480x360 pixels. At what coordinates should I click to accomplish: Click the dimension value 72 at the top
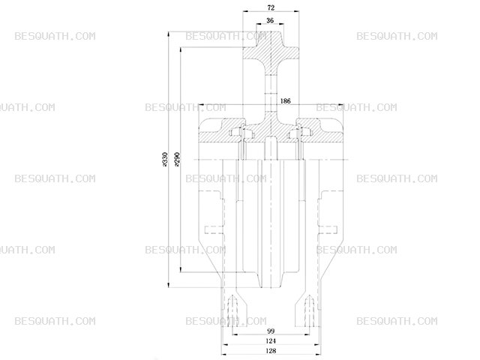pyautogui.click(x=271, y=7)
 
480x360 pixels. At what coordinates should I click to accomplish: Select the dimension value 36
pyautogui.click(x=270, y=20)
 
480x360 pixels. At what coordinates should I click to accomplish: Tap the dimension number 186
pyautogui.click(x=285, y=100)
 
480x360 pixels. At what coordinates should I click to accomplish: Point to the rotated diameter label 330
pyautogui.click(x=165, y=159)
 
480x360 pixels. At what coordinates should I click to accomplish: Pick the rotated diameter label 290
pyautogui.click(x=177, y=159)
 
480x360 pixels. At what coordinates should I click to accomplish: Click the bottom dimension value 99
pyautogui.click(x=271, y=331)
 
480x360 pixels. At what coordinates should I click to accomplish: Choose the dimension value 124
pyautogui.click(x=271, y=340)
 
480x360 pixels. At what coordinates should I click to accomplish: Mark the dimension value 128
pyautogui.click(x=271, y=351)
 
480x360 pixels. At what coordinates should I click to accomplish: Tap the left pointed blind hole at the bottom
pyautogui.click(x=233, y=310)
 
